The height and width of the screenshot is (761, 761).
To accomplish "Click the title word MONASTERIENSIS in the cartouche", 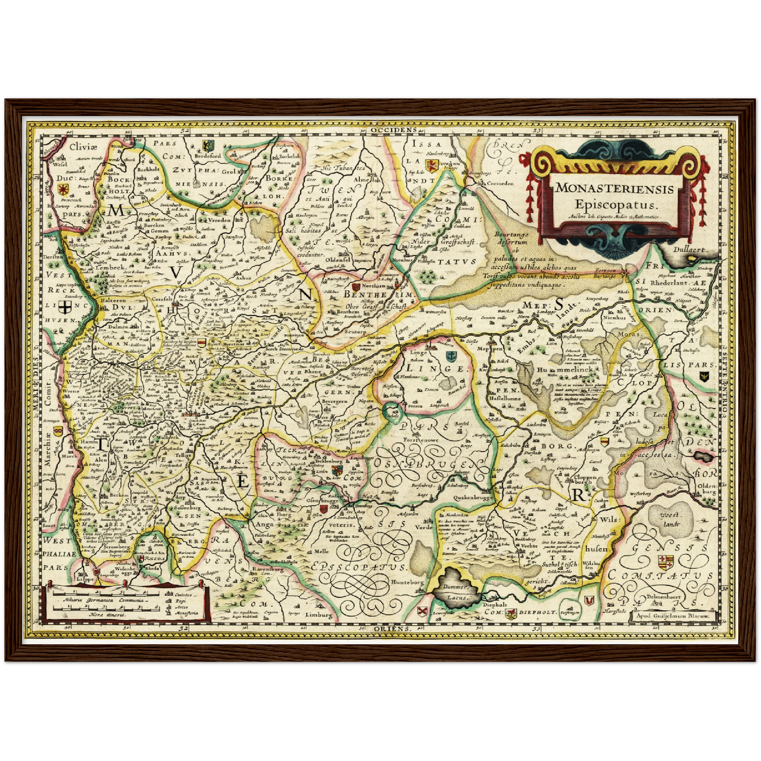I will tap(615, 188).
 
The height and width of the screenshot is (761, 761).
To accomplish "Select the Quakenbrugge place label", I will tap(472, 497).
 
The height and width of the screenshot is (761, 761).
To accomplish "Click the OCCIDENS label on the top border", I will tap(393, 129).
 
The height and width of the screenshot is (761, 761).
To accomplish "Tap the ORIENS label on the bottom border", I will tap(392, 629).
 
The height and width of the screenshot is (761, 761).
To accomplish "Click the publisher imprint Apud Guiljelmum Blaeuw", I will tap(673, 615).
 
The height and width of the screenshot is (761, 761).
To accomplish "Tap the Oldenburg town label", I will tap(706, 489).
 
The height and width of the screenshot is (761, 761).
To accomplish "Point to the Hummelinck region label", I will tap(566, 370).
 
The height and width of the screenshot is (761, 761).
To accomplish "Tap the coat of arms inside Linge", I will tap(450, 357).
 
